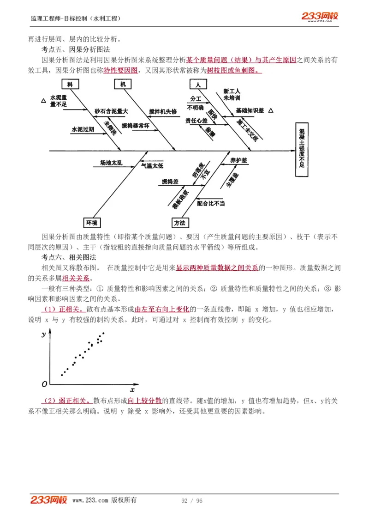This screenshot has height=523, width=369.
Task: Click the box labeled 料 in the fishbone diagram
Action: point(70,85)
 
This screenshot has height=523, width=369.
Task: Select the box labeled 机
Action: point(123,85)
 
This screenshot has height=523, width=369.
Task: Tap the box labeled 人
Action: point(198,85)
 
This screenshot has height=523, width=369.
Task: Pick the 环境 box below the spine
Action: point(91,223)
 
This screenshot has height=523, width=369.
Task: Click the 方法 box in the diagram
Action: point(180,223)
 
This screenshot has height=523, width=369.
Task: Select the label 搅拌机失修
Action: point(163,112)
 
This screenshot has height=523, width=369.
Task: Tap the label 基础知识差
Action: point(250,111)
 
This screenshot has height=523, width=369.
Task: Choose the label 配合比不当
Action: point(211,203)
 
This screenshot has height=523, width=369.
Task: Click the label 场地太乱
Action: point(111,163)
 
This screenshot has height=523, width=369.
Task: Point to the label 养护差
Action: point(239,160)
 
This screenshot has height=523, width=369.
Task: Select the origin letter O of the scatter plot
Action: point(44,384)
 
